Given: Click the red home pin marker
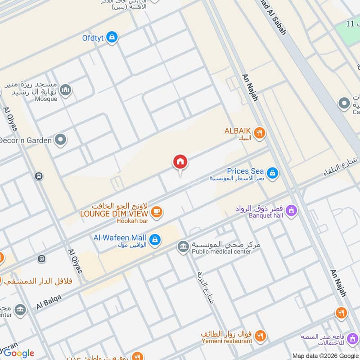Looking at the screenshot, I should [180, 162].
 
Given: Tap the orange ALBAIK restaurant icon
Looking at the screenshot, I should [259, 133].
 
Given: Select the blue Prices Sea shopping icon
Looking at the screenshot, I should [272, 173].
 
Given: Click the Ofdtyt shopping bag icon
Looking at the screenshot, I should [112, 37].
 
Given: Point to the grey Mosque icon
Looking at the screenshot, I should [66, 90].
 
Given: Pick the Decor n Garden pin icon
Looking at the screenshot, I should [60, 140].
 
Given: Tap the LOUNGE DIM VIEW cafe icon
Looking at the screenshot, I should [157, 212].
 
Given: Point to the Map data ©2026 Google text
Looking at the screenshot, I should [325, 355].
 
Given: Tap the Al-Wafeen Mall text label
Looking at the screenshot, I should [120, 237].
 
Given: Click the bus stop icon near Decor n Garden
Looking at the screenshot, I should [39, 176].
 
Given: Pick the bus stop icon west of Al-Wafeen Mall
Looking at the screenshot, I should [41, 259].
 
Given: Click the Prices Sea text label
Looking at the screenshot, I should [245, 171].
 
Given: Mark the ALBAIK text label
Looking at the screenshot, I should [237, 131].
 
